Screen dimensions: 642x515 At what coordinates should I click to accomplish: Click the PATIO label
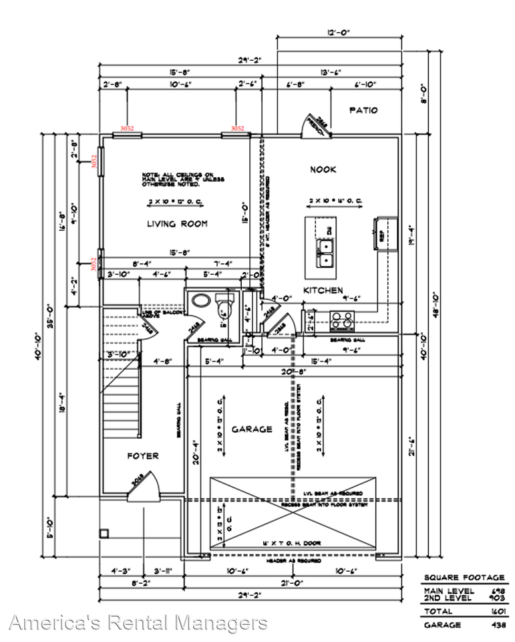(363, 110)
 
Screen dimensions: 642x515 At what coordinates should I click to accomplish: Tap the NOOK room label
(323, 170)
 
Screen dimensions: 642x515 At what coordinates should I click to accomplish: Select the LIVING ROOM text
(177, 224)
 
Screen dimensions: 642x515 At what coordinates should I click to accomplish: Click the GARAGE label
(252, 429)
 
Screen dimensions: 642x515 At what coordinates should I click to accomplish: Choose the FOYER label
(143, 456)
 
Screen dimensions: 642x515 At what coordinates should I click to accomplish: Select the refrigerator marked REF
(385, 233)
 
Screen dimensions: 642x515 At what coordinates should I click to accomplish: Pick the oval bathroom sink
(200, 301)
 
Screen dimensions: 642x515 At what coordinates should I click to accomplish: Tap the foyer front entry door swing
(146, 486)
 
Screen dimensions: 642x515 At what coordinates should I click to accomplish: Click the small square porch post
(104, 533)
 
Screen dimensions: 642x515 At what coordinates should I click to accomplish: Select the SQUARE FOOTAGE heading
(464, 577)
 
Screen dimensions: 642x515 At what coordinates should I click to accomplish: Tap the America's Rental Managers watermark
(138, 623)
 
